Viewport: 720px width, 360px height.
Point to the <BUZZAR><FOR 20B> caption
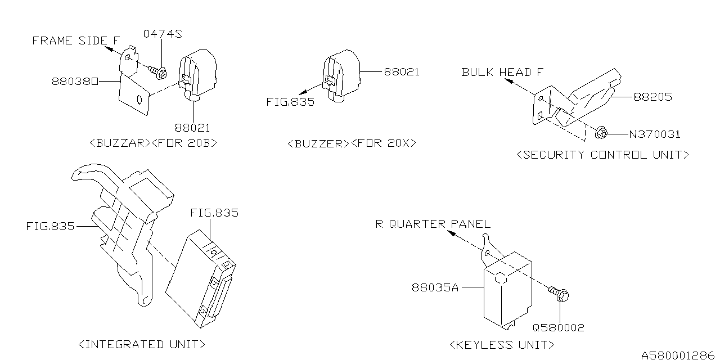pyautogui.click(x=153, y=143)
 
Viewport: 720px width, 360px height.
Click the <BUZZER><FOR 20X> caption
pyautogui.click(x=352, y=143)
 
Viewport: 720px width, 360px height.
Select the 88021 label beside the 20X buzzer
pyautogui.click(x=402, y=72)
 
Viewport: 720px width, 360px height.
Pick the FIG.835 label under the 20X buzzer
pyautogui.click(x=290, y=102)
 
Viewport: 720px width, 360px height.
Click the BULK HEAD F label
pyautogui.click(x=503, y=72)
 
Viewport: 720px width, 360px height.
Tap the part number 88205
pyautogui.click(x=652, y=97)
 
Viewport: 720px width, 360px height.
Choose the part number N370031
pyautogui.click(x=654, y=134)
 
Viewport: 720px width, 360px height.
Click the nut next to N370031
pyautogui.click(x=600, y=133)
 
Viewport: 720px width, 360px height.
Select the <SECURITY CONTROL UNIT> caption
pyautogui.click(x=602, y=155)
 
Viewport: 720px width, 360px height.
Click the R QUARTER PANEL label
pyautogui.click(x=433, y=224)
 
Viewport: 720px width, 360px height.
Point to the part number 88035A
pyautogui.click(x=435, y=288)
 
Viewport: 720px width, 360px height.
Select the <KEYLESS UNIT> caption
pyautogui.click(x=502, y=344)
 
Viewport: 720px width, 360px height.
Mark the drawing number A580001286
pyautogui.click(x=678, y=355)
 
